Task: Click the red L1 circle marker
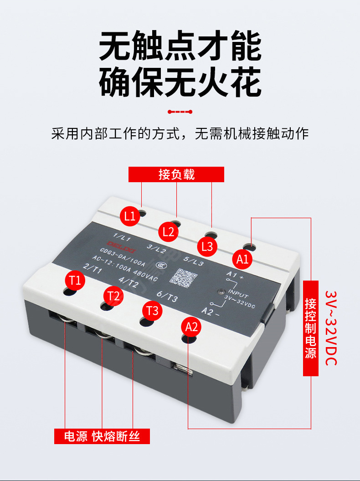click(130, 216)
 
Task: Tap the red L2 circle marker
click(169, 231)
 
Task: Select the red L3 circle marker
click(207, 246)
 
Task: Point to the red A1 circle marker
click(243, 259)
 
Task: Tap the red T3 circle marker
click(153, 311)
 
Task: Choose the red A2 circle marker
click(192, 326)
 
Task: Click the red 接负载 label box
click(176, 174)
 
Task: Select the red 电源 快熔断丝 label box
click(102, 436)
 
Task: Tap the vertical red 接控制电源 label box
click(311, 328)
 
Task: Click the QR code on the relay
click(183, 277)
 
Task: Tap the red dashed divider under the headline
click(180, 112)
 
